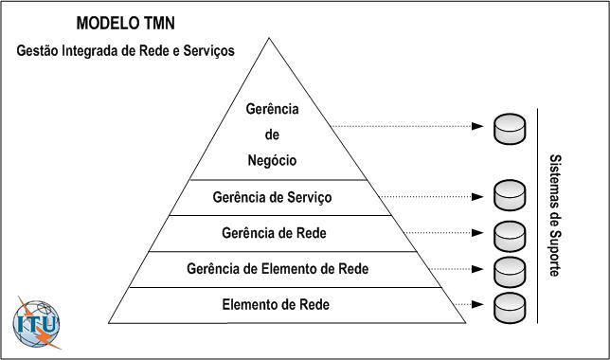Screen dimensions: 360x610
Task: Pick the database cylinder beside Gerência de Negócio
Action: click(509, 127)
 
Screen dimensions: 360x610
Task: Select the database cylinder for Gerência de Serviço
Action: click(509, 197)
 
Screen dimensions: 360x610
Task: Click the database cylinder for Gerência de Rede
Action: click(509, 233)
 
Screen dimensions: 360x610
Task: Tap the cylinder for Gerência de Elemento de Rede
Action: click(509, 269)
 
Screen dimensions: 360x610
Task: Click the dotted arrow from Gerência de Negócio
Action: click(407, 127)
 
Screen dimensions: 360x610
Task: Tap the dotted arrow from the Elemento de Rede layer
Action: click(469, 304)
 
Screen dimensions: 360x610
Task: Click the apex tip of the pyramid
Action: click(271, 39)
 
